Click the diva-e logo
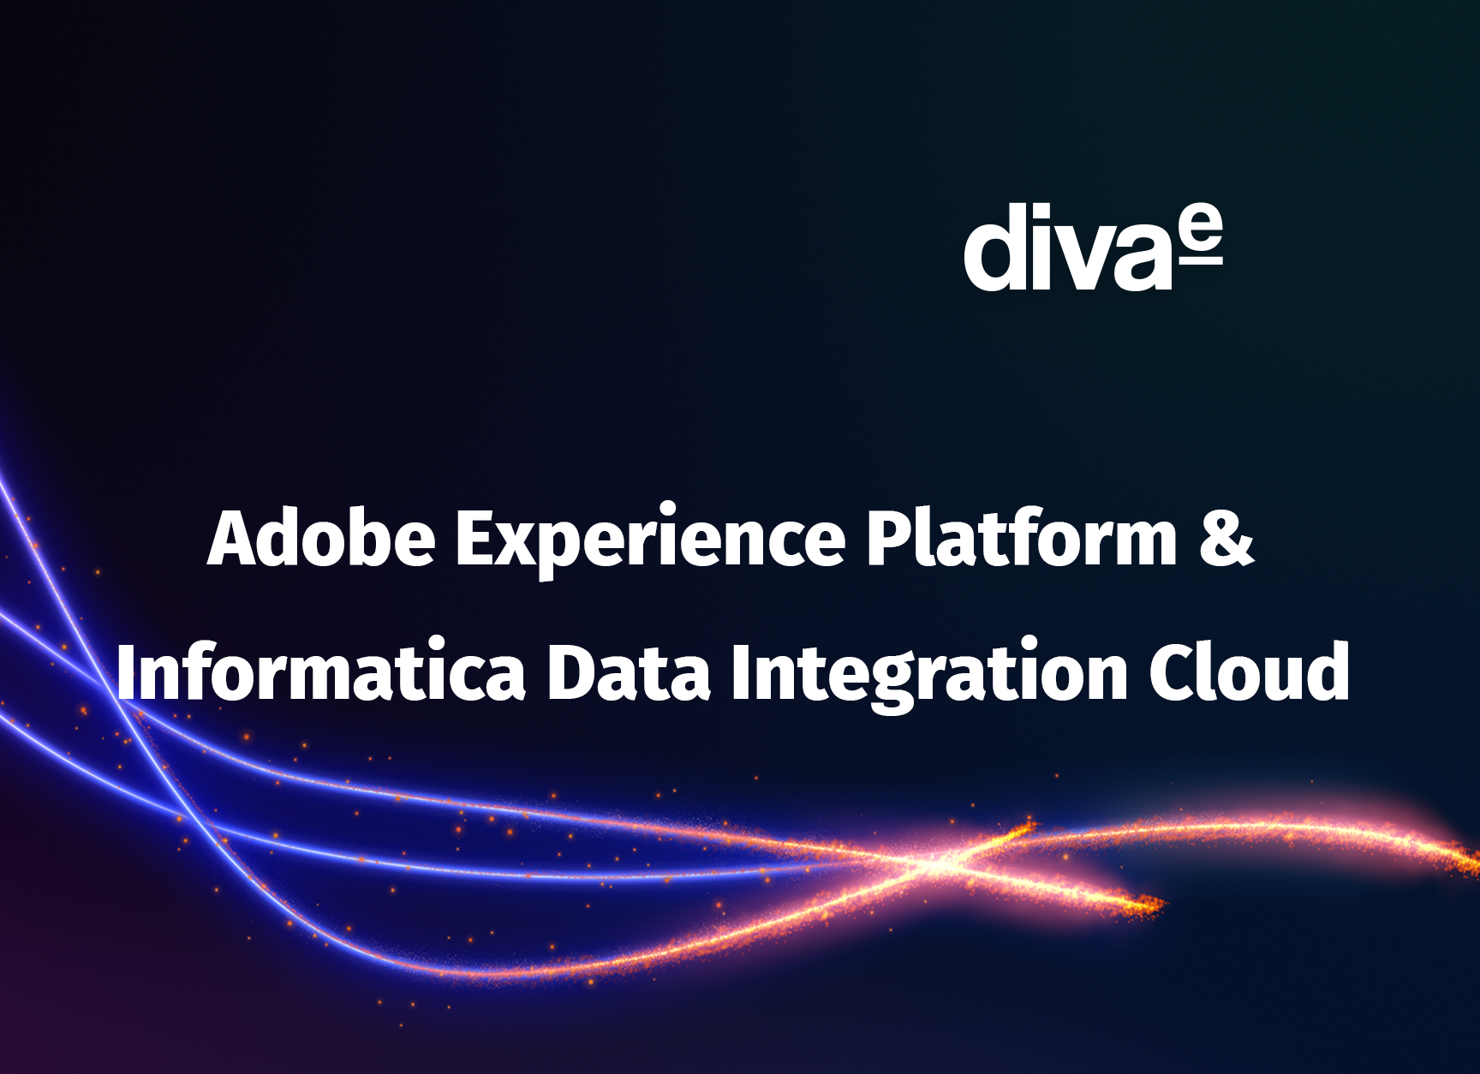(x=1093, y=248)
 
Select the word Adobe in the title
(x=321, y=539)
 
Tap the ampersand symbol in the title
(x=1226, y=539)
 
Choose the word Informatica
(x=320, y=672)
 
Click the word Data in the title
(x=629, y=672)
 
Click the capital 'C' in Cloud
(x=1174, y=673)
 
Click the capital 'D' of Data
(x=570, y=673)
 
